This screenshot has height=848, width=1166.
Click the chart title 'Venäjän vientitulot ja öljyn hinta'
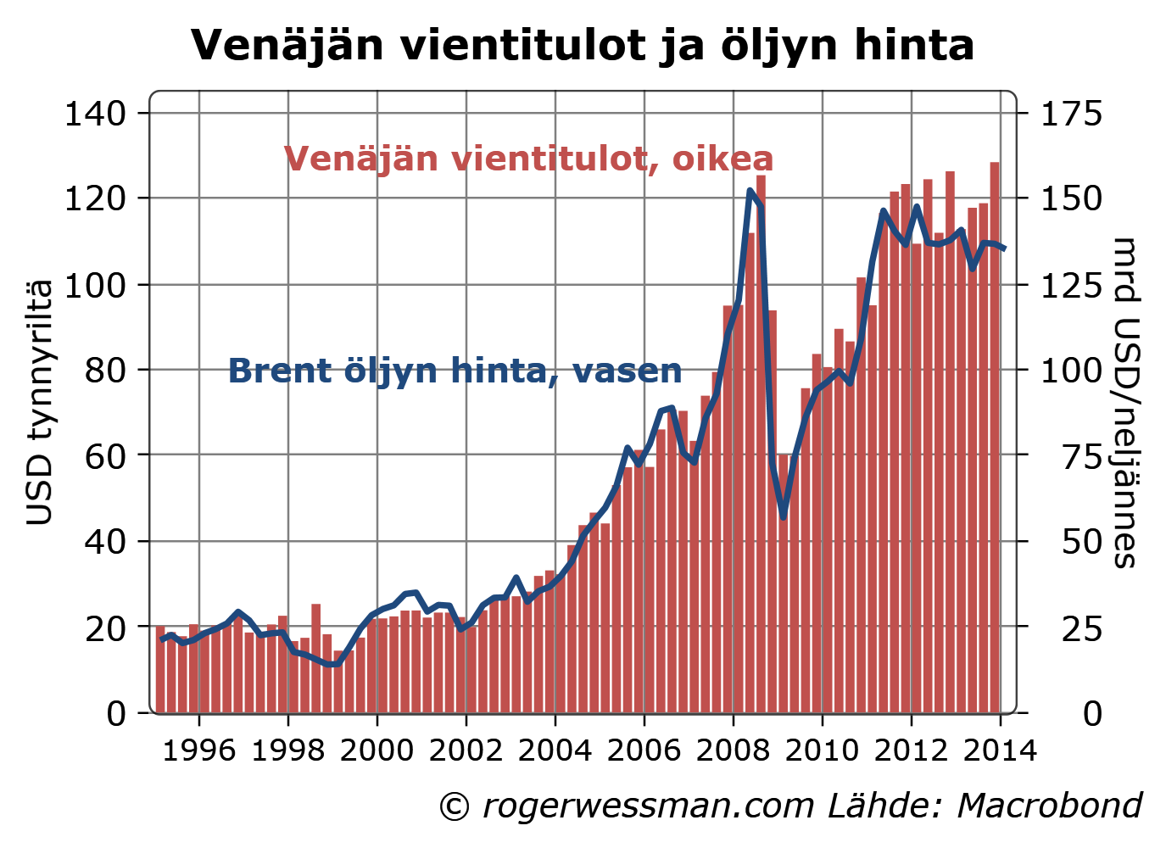tap(582, 45)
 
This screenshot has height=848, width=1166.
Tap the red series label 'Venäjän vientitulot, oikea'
tap(528, 159)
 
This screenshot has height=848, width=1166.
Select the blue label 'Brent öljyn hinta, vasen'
tap(455, 371)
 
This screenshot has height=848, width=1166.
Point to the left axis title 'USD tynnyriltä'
tap(39, 402)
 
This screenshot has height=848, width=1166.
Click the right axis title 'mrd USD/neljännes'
tap(1125, 402)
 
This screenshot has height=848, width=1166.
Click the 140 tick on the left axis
tap(94, 113)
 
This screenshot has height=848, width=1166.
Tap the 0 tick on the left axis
tap(116, 713)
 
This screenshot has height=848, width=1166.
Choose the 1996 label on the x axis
tap(198, 750)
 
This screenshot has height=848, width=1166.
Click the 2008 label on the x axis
tap(733, 750)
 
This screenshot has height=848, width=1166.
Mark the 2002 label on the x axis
tap(466, 750)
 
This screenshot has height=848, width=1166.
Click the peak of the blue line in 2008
tap(750, 191)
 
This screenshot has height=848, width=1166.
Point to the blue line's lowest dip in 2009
tap(783, 516)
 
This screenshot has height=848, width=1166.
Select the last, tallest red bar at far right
tap(994, 437)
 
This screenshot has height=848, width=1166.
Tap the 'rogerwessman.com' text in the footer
tap(649, 806)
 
